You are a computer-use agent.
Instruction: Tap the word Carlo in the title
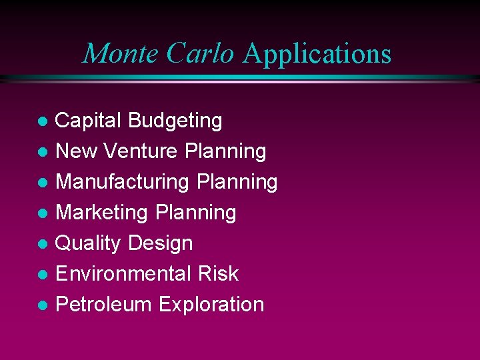(201, 53)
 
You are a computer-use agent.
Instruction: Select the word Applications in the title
(317, 55)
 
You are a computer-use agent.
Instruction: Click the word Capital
(89, 121)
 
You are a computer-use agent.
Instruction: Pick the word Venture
(136, 151)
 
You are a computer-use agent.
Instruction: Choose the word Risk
(218, 274)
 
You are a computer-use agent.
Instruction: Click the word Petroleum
(104, 305)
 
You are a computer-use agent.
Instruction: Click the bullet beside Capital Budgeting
(42, 122)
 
